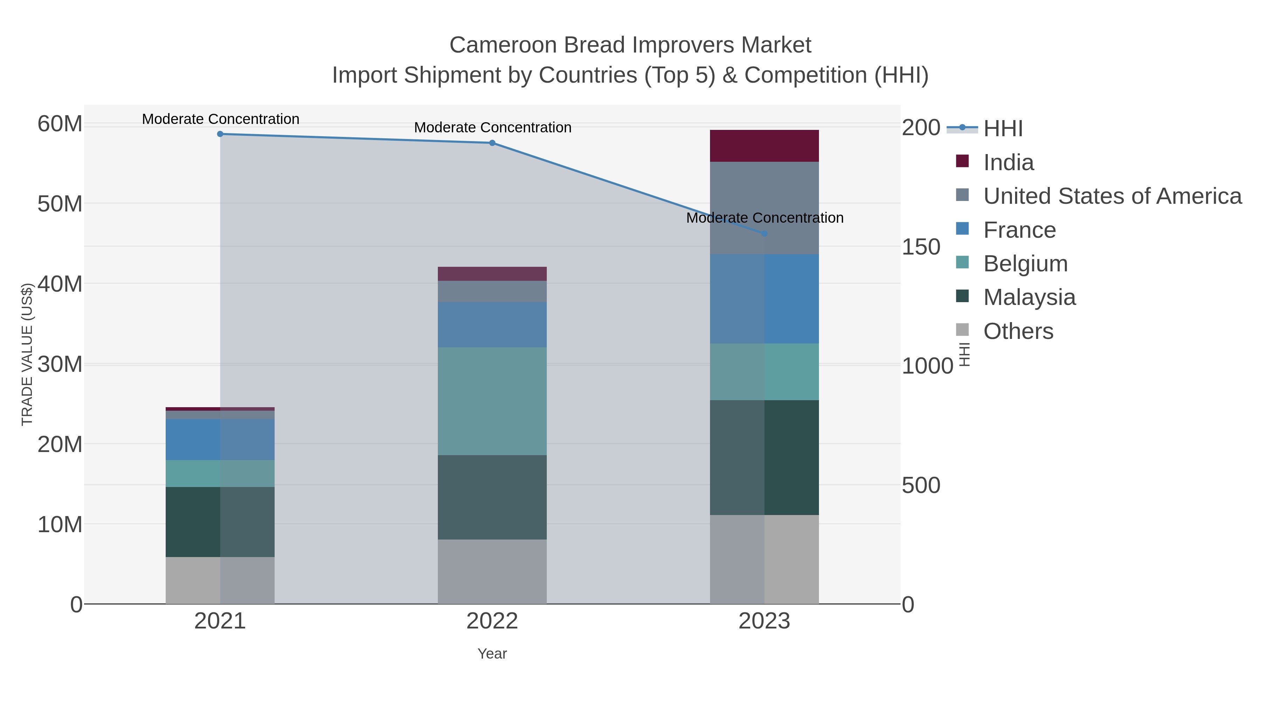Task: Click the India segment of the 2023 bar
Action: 764,146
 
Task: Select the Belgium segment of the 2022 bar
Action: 492,401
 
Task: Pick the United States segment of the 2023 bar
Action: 764,208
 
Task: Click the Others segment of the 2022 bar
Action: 492,571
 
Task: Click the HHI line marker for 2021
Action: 220,134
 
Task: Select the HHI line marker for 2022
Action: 492,143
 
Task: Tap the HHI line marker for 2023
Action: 765,234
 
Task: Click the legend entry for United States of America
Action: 1112,196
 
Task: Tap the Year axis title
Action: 492,654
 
